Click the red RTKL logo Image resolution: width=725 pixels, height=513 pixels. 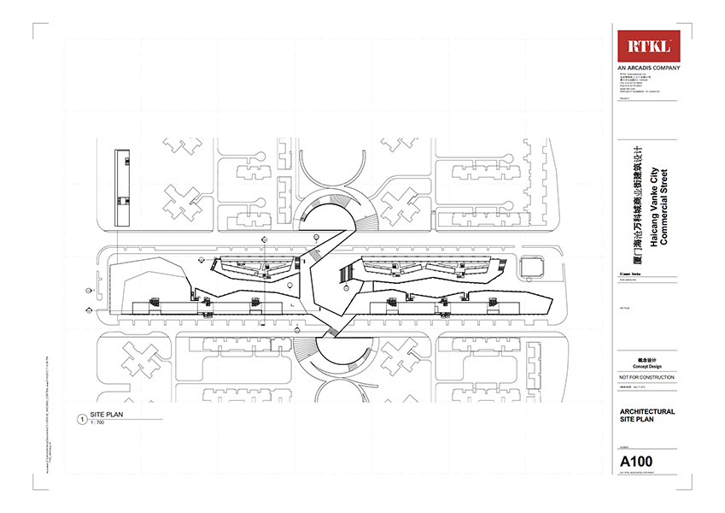click(x=649, y=47)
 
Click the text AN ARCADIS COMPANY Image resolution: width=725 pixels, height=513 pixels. click(x=649, y=68)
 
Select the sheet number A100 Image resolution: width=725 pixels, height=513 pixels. click(x=635, y=463)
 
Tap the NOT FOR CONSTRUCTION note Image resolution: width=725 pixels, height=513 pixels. click(x=646, y=377)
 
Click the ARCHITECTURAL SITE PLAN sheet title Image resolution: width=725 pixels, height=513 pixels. click(x=646, y=416)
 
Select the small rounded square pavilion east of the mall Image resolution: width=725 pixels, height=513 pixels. click(x=532, y=268)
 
